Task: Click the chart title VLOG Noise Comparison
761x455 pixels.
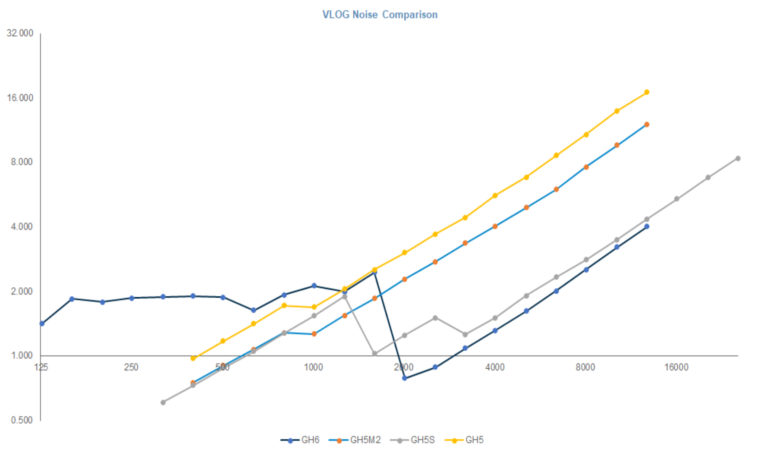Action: [380, 15]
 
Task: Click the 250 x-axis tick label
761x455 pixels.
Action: [131, 367]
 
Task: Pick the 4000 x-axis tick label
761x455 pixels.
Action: [495, 367]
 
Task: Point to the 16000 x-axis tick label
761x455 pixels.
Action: [676, 367]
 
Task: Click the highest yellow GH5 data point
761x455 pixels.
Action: [647, 92]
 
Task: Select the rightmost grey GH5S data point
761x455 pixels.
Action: [738, 159]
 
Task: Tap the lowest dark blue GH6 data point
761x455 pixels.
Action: [405, 378]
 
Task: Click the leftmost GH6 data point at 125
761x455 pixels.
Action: [42, 323]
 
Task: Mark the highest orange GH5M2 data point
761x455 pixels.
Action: [647, 125]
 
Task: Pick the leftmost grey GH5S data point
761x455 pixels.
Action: [163, 402]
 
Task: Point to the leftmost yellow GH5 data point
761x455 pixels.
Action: [193, 358]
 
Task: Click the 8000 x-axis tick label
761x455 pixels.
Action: [585, 367]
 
